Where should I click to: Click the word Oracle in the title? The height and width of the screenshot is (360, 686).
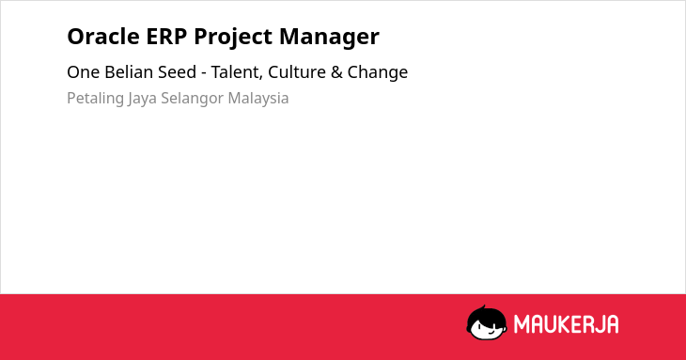(x=103, y=37)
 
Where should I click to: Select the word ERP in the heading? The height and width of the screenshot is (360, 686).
(x=166, y=37)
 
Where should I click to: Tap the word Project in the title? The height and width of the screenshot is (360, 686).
(x=233, y=38)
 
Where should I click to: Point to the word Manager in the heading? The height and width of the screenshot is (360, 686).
(x=329, y=38)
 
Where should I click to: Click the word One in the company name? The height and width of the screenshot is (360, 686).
(x=83, y=72)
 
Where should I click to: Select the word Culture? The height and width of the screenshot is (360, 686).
(x=297, y=71)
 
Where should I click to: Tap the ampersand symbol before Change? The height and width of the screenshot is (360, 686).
(x=336, y=72)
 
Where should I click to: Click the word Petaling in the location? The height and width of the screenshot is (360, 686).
(x=95, y=99)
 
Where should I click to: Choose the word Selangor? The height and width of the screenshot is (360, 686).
(x=192, y=99)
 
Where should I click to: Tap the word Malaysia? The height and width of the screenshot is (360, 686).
(x=258, y=99)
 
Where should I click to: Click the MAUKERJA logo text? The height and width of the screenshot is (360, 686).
(x=566, y=324)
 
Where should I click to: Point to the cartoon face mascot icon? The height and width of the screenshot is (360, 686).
(x=487, y=322)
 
